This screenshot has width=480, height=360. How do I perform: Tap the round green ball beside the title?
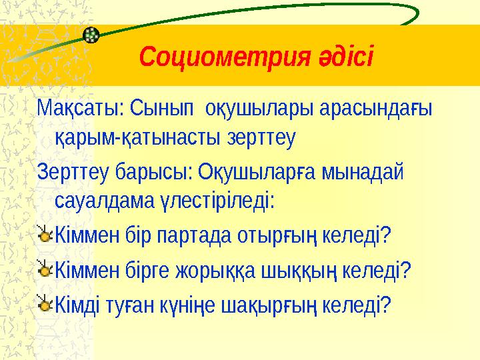click(92, 35)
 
